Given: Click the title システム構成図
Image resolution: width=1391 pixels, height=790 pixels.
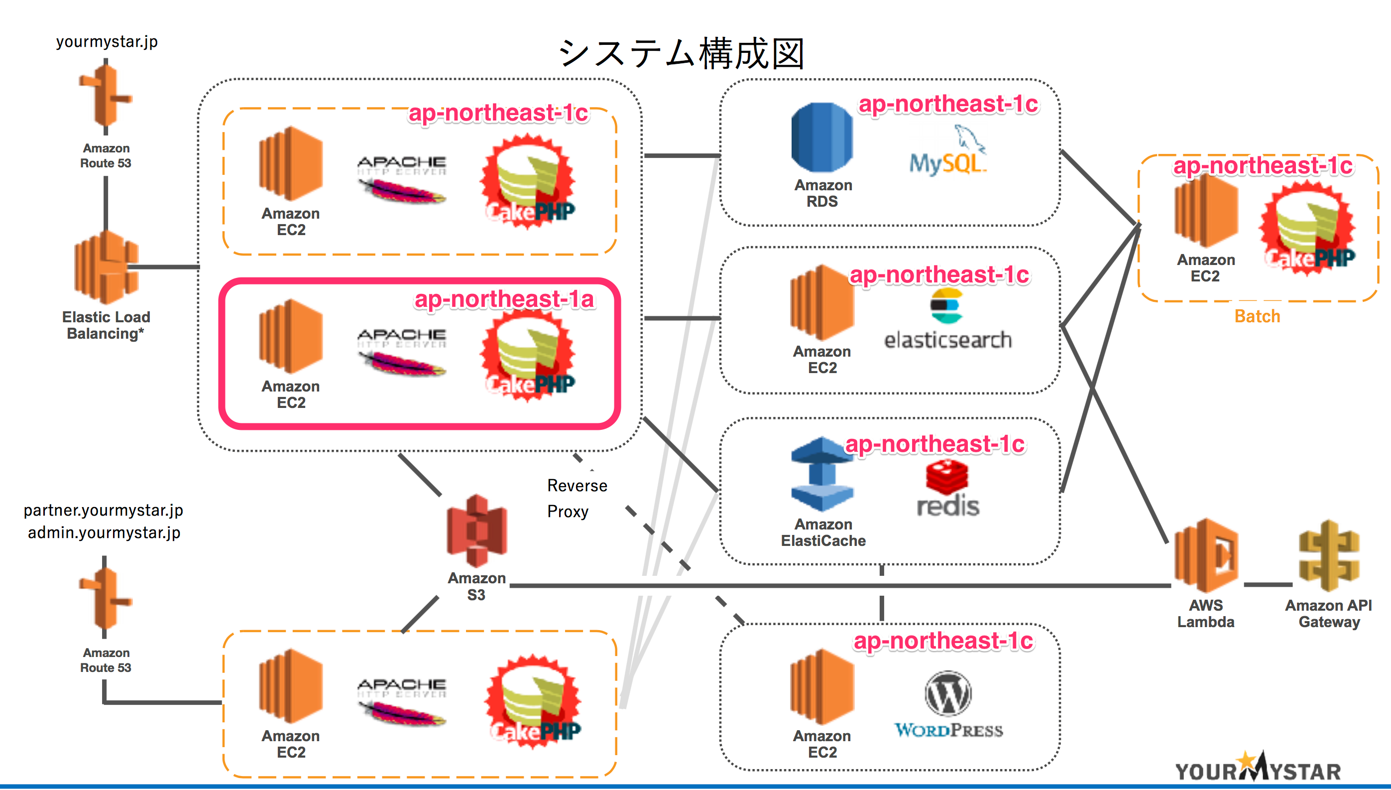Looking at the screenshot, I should point(681,54).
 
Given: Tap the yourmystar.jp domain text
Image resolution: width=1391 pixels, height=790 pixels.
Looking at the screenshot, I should point(107,42).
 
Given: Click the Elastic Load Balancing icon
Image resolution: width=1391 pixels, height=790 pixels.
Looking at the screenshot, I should point(106,267).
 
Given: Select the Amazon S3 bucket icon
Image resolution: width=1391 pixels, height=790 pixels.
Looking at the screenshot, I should point(476,530).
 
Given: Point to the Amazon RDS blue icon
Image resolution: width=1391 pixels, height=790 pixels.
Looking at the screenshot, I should point(821,138).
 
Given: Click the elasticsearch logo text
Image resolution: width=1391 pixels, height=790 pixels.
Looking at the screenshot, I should point(948,340).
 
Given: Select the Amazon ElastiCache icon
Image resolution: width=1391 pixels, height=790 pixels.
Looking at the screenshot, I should point(822,474).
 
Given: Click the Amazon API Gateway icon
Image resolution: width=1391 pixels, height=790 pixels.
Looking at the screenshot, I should point(1329,555).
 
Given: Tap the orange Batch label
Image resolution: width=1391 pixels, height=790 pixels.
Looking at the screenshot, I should point(1257,316).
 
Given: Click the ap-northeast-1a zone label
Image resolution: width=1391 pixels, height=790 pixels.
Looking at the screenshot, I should point(504,299).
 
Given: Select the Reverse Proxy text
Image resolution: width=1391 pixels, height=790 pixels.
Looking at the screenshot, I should point(577,498).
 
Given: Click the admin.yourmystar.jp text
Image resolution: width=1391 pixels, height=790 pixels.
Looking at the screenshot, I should point(104,533).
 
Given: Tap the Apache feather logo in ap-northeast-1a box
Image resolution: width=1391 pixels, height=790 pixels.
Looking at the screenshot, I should point(402,352).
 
